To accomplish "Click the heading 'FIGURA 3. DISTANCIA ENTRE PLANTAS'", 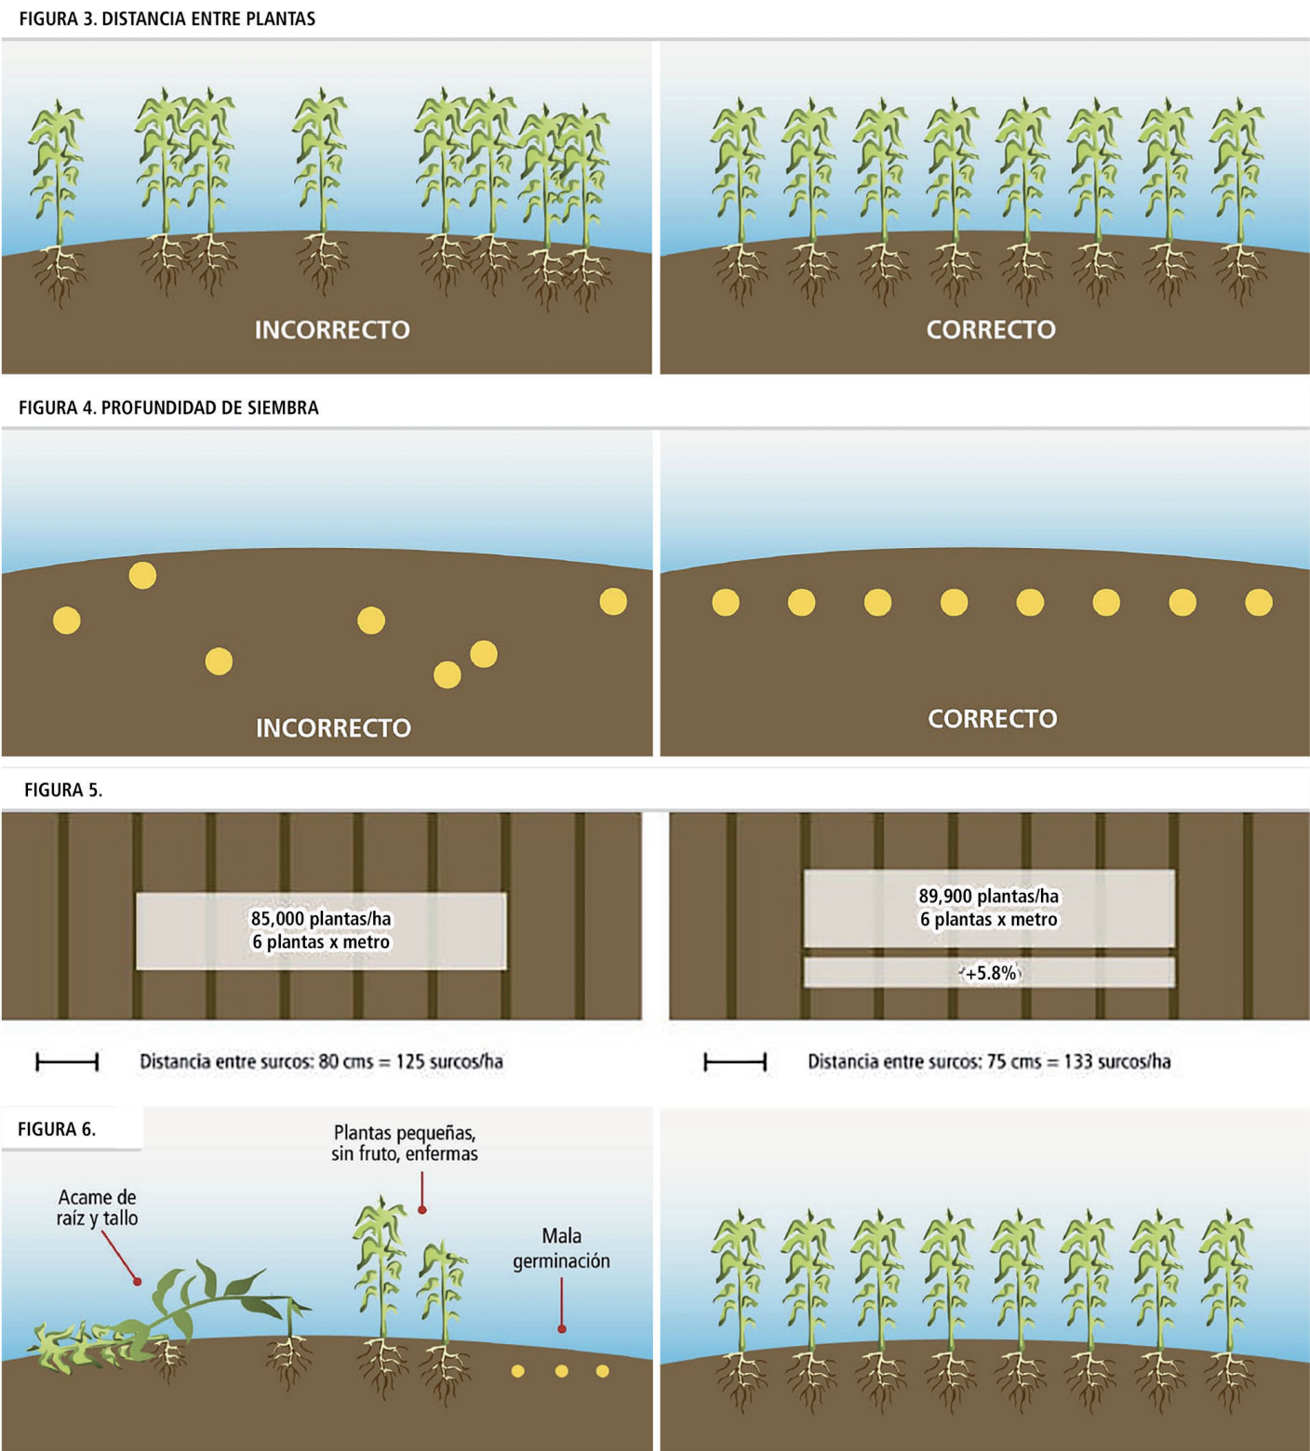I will tap(167, 19).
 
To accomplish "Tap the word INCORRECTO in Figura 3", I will tap(332, 330).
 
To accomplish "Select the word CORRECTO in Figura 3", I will tap(991, 330).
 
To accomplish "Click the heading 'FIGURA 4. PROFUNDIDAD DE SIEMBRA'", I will tap(168, 407).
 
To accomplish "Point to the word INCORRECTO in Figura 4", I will tap(333, 728).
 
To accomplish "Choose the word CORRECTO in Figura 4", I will tap(993, 719).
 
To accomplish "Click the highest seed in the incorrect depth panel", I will tap(142, 576).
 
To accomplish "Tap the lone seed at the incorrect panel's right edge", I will tap(613, 602).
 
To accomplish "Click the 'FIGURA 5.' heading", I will tap(63, 790).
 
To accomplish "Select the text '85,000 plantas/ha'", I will tap(321, 919).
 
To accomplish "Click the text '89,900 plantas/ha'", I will tap(989, 896).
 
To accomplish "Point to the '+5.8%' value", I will tap(991, 974).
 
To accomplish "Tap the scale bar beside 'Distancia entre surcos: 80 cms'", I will tap(67, 1061).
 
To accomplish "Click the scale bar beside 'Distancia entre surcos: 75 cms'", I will tap(735, 1061).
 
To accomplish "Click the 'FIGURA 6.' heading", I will tap(57, 1129).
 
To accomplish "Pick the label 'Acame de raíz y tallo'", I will tap(97, 1207).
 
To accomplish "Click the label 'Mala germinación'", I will tap(561, 1248).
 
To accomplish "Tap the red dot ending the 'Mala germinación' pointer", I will tap(562, 1329).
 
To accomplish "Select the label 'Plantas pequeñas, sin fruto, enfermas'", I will tap(405, 1143).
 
